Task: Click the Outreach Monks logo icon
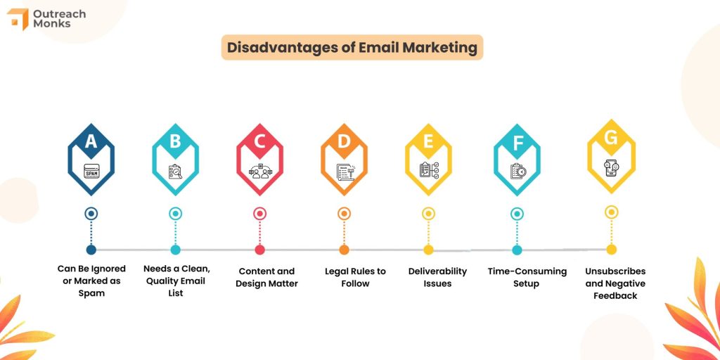tap(18, 19)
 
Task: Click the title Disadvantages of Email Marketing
tap(352, 48)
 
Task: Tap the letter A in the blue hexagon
tap(91, 141)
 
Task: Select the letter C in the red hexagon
tap(259, 141)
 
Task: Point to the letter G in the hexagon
tap(611, 138)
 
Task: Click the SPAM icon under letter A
tap(91, 170)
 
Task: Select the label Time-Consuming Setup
tap(517, 277)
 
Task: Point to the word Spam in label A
tap(91, 293)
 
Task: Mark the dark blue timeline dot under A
tap(91, 249)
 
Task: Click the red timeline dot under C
tap(259, 249)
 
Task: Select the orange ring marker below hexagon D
tap(344, 213)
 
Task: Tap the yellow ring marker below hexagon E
tap(428, 213)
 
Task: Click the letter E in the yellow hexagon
tap(428, 141)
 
